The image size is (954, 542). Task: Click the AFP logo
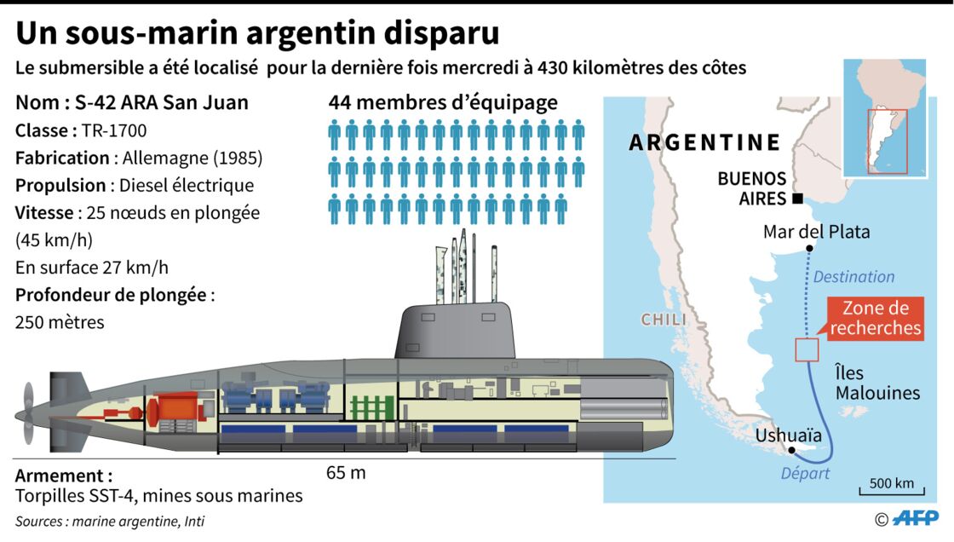tap(914, 518)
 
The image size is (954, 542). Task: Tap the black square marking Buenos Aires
tap(797, 199)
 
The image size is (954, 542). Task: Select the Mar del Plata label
tap(817, 232)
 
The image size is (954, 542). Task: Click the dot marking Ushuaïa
tap(791, 451)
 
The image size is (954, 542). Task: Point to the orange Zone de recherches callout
tap(876, 318)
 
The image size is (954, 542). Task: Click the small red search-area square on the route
tap(807, 350)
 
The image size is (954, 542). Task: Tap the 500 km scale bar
tap(891, 491)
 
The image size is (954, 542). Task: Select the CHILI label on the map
tap(664, 320)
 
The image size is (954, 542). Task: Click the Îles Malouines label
tap(877, 383)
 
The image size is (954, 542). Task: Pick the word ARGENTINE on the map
tap(704, 142)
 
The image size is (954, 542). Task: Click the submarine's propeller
tap(27, 414)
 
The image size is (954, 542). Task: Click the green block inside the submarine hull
tap(371, 408)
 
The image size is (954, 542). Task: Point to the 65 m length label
tap(346, 473)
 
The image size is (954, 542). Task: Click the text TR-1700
tap(114, 130)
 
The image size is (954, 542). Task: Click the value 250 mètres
tap(60, 322)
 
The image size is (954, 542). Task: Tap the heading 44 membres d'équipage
tap(443, 102)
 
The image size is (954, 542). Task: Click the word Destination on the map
tap(853, 276)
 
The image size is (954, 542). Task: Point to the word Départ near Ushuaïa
tap(805, 473)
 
